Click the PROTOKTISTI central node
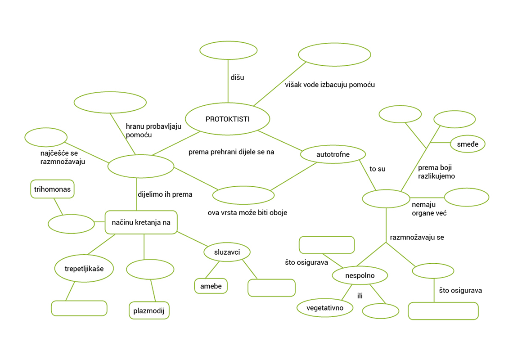(228, 119)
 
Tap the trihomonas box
(53, 189)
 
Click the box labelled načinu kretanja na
(141, 222)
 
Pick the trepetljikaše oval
(84, 269)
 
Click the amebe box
(211, 286)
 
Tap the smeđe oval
(468, 144)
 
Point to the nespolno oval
(360, 275)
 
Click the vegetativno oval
(325, 308)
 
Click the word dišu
(237, 77)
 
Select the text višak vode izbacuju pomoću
(330, 85)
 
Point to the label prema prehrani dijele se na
(231, 152)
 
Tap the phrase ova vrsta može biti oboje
(247, 212)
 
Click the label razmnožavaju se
(417, 237)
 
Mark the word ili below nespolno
(360, 296)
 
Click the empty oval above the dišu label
(229, 50)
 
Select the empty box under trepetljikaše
(79, 308)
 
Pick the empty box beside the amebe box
(271, 288)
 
